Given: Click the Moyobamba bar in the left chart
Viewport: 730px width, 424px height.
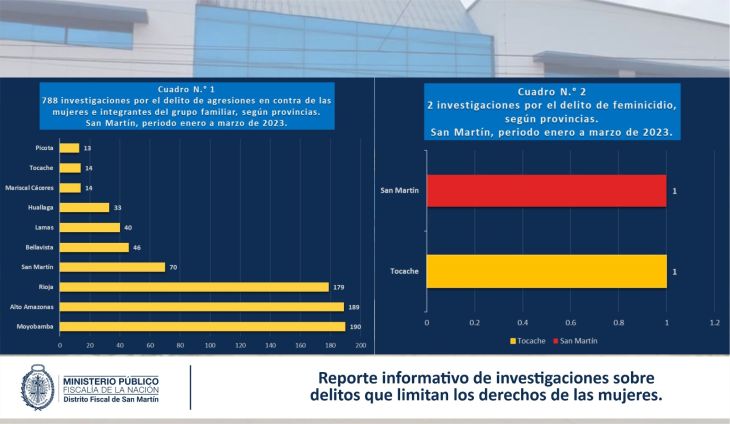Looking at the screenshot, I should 202,327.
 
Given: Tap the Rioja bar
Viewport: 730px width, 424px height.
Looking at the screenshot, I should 194,287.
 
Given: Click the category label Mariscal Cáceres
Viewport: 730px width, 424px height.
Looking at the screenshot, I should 31,187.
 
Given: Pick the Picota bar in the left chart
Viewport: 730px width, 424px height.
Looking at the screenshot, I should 69,148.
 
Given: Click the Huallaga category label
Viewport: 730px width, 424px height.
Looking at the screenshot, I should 41,207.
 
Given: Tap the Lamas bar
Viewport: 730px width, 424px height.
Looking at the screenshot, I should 90,227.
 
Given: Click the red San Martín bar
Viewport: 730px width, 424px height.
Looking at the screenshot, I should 546,190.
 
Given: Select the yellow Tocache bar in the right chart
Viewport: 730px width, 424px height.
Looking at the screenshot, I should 546,272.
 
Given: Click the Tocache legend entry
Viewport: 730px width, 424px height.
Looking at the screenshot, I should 530,341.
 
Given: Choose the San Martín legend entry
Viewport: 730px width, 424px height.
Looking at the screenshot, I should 577,341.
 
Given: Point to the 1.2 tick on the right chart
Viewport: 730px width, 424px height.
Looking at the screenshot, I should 714,324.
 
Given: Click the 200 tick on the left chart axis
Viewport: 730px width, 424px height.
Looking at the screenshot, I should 360,345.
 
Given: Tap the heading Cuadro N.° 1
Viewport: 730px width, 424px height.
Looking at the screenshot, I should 187,89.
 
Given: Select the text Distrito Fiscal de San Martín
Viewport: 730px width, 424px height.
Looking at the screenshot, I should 121,400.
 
